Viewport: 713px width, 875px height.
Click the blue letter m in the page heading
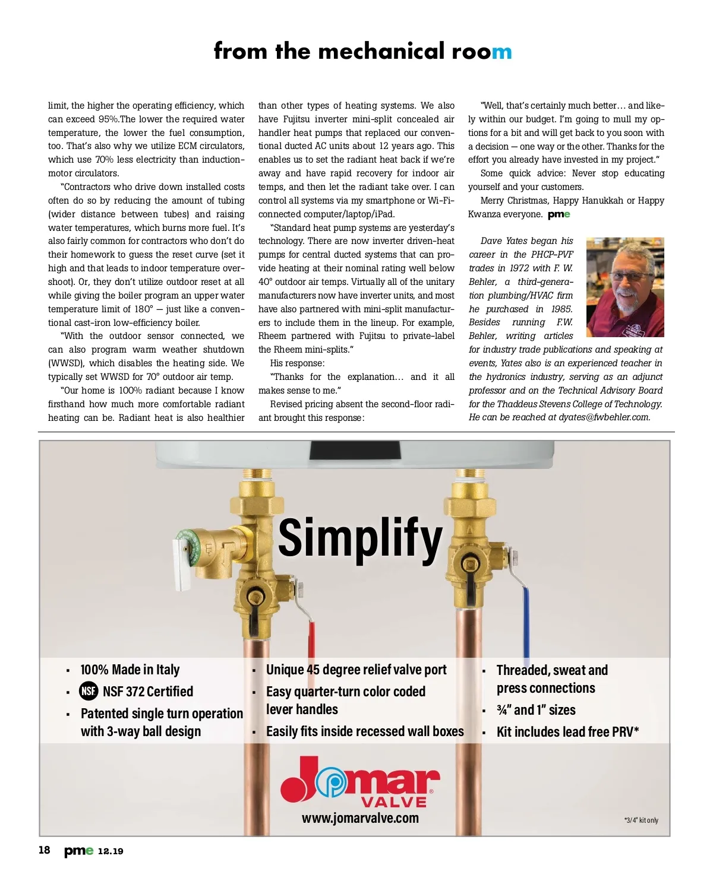(501, 52)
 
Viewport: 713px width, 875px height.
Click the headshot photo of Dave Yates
(624, 287)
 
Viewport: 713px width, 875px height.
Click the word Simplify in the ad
(360, 538)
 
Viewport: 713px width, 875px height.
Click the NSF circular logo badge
(89, 692)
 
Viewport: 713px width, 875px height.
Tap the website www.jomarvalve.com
(360, 818)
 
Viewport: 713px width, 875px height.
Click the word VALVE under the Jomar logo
(394, 802)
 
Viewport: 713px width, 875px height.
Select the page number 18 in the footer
(45, 850)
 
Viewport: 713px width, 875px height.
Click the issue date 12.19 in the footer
(111, 851)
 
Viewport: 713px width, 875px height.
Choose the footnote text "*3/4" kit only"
(641, 820)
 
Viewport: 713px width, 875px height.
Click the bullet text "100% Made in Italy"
(130, 670)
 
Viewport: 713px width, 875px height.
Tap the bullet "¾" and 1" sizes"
(536, 710)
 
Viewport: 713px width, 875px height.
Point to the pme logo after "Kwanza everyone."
(559, 214)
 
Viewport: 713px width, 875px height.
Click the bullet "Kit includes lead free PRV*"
(567, 732)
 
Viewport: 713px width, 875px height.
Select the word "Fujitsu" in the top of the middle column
(296, 119)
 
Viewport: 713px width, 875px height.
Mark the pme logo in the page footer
(78, 851)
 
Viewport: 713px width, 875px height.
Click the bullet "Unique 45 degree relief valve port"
(356, 670)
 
